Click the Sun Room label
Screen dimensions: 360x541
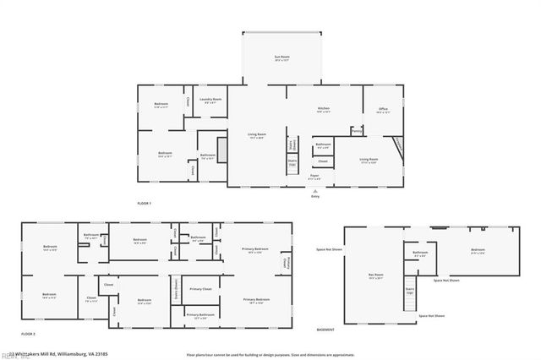(281, 58)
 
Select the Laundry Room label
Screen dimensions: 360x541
(210, 101)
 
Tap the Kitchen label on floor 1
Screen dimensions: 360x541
(323, 109)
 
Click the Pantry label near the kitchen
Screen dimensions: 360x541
(357, 131)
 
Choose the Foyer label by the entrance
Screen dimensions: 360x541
(314, 177)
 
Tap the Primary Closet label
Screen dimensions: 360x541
(200, 289)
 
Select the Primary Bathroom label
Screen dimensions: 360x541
(200, 314)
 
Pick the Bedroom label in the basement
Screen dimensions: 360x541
(478, 250)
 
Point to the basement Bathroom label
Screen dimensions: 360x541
(420, 253)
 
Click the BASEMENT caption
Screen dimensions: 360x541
(325, 330)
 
